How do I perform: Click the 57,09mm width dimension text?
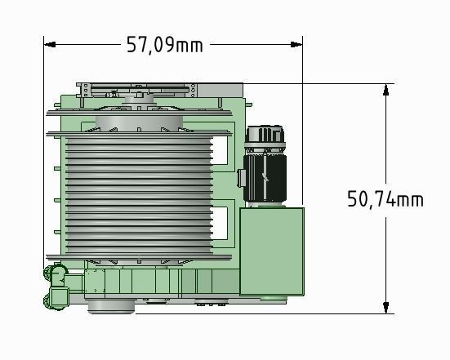point(164,44)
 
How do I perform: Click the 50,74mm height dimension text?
point(385,198)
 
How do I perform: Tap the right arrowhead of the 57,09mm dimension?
point(298,43)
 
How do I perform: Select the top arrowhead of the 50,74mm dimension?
point(385,88)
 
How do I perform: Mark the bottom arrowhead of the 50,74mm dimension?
point(385,308)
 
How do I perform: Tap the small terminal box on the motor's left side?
point(242,178)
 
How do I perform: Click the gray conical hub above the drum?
point(139,122)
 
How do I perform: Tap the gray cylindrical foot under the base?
point(109,305)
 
